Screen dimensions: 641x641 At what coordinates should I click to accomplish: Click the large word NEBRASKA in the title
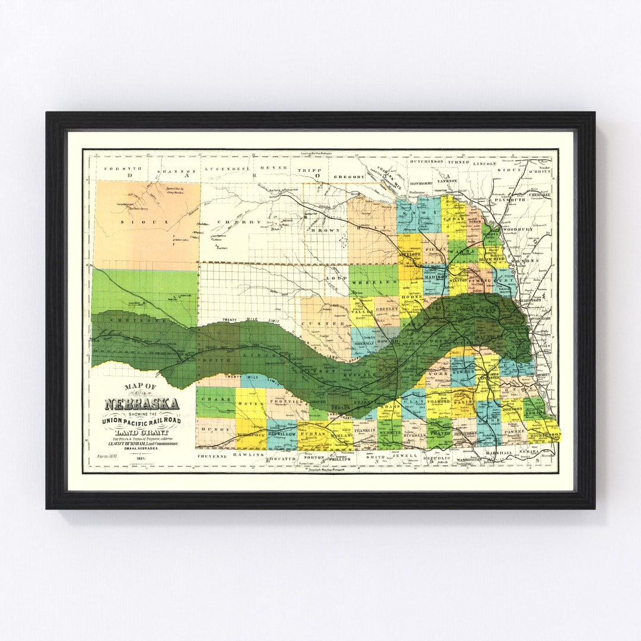pos(142,404)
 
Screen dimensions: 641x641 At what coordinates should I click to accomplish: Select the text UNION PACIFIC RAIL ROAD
pos(141,421)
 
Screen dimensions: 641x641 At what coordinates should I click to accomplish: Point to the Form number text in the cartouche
pos(107,456)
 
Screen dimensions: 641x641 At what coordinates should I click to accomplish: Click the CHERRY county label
pos(231,222)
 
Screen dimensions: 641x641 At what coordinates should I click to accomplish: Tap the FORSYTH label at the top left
pos(116,169)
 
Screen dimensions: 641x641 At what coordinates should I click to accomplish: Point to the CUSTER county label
pos(325,323)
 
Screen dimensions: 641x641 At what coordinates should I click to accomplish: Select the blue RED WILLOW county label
pos(281,434)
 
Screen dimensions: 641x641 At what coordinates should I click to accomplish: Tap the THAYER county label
pos(440,434)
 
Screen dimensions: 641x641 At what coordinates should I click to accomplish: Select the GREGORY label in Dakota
pos(348,176)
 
